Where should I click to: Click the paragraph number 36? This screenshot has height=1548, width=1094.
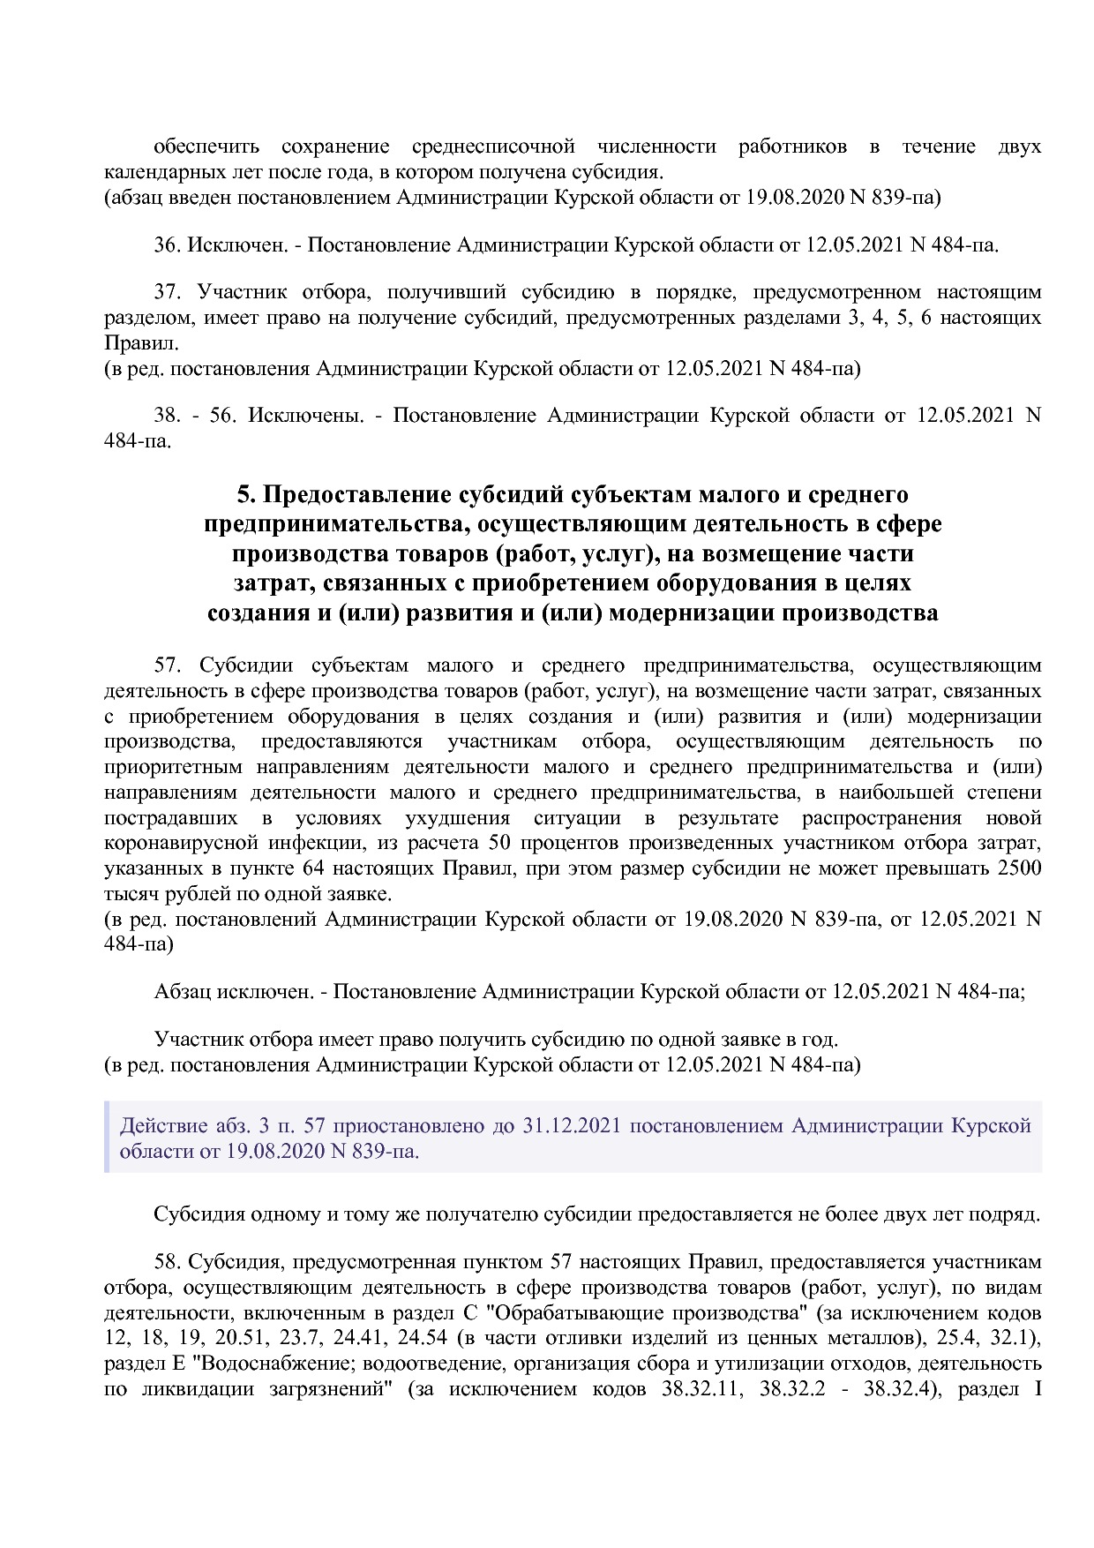(x=167, y=244)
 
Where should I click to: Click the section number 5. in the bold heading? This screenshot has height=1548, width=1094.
(x=246, y=494)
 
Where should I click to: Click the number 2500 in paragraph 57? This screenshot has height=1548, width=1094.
(x=1018, y=868)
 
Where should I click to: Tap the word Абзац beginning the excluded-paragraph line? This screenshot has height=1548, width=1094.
(x=181, y=991)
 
